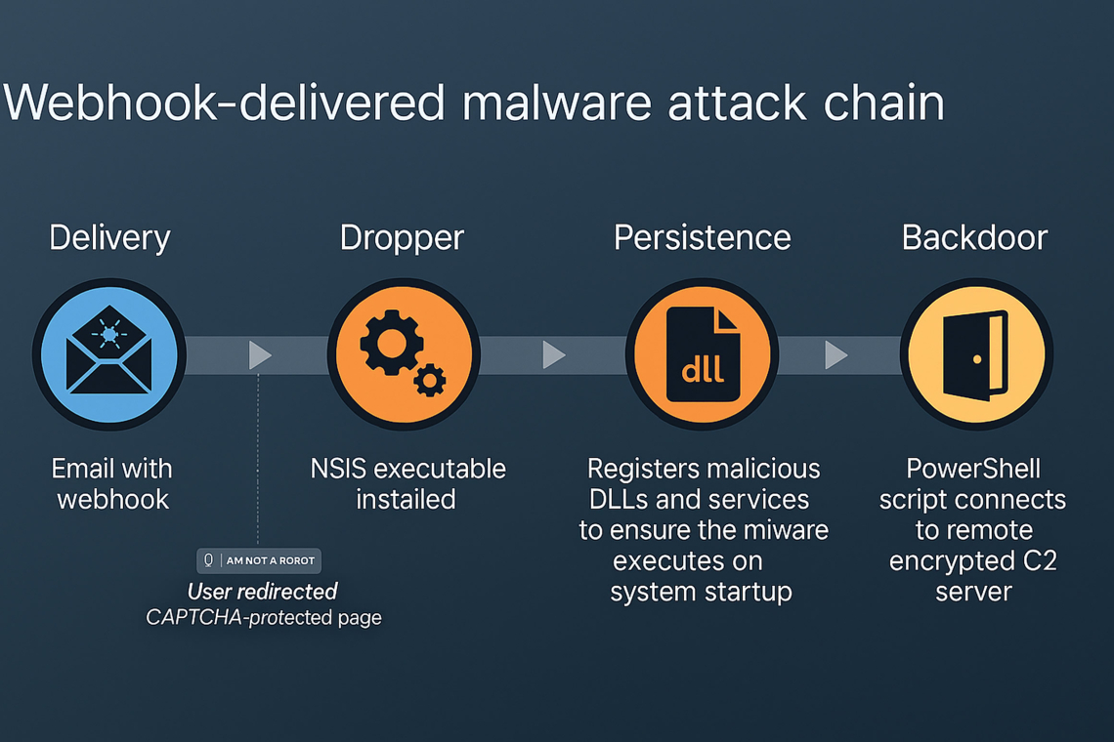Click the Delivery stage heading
[x=109, y=237]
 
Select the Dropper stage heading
[x=402, y=237]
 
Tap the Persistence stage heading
[x=702, y=237]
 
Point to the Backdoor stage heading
[x=974, y=237]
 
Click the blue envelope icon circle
[x=109, y=353]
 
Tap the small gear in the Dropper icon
[x=430, y=379]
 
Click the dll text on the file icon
[x=702, y=370]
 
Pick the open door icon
[x=975, y=353]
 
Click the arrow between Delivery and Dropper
[x=260, y=354]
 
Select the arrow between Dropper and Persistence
[x=553, y=354]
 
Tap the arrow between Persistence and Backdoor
[x=835, y=354]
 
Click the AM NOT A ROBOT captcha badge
[x=259, y=560]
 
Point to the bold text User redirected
[x=262, y=591]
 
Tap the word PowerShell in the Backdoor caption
[x=972, y=469]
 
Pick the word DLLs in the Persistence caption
[x=621, y=500]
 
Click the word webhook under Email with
[x=112, y=500]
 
